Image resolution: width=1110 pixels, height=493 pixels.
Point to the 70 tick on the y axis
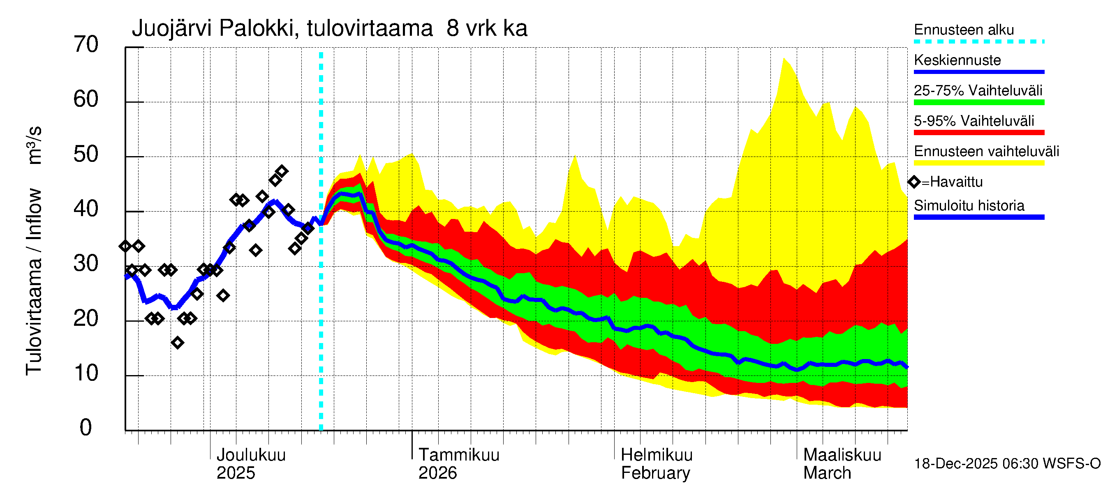(x=86, y=45)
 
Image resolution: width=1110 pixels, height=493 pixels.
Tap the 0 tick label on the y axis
(x=86, y=428)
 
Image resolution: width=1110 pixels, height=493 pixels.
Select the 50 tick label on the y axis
(x=86, y=154)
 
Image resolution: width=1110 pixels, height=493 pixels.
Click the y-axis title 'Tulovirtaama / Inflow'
(x=34, y=281)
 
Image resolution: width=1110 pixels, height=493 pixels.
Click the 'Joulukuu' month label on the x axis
(x=251, y=455)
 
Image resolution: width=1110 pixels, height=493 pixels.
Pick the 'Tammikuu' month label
(x=458, y=455)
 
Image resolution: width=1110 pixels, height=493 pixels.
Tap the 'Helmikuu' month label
(x=656, y=455)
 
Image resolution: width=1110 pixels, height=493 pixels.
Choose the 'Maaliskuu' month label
(x=842, y=455)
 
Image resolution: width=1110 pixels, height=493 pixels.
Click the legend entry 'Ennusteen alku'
(x=964, y=30)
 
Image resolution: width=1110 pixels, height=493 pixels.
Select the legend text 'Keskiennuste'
(x=957, y=60)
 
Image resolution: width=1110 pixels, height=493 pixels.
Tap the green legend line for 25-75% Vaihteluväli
(x=978, y=102)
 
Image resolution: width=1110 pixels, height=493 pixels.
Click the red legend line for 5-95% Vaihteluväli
(x=978, y=133)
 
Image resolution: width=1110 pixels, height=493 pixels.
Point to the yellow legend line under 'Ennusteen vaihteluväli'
(x=978, y=163)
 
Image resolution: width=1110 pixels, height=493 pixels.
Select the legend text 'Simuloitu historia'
(x=969, y=206)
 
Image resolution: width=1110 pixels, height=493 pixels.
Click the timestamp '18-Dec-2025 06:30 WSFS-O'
(x=1007, y=464)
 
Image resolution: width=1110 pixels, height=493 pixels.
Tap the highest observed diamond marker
(x=282, y=171)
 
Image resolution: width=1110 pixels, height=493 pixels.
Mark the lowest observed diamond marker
(x=177, y=343)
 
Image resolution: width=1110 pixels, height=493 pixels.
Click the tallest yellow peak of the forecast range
(x=784, y=59)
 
